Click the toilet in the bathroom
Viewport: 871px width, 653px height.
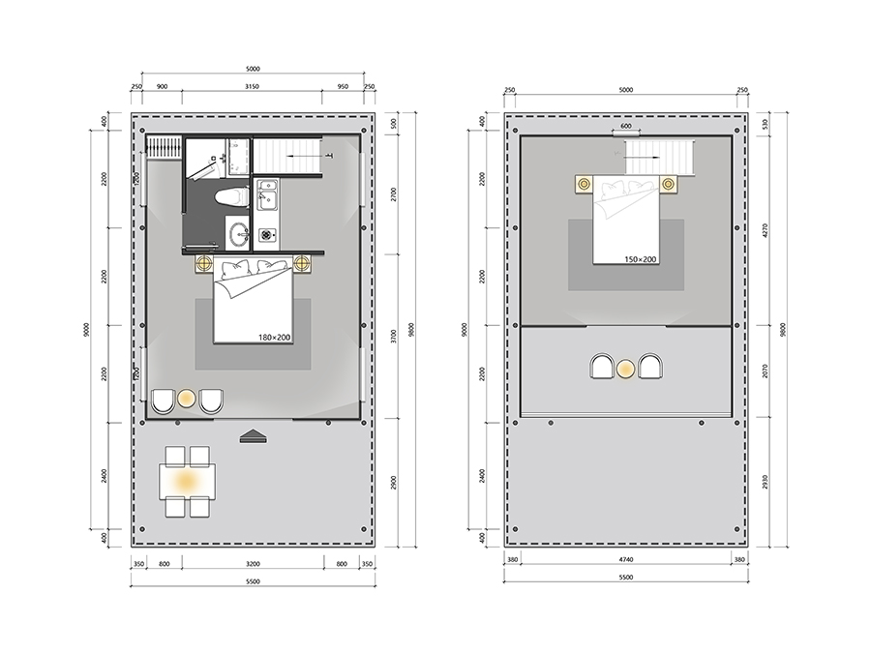(x=231, y=197)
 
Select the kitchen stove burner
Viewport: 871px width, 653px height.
(x=267, y=235)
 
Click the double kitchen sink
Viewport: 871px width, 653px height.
(x=267, y=193)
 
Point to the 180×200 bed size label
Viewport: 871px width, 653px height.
(x=274, y=337)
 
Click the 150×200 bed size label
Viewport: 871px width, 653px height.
(x=640, y=258)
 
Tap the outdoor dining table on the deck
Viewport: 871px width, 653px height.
(x=187, y=481)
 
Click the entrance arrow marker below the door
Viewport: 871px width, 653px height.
(x=254, y=436)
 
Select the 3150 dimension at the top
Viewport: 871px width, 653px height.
(x=253, y=87)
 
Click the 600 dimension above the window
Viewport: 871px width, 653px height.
(x=625, y=126)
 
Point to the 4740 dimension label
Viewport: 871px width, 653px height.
(x=625, y=560)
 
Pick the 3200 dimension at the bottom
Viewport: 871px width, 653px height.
(x=253, y=564)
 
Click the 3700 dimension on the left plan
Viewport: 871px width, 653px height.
(x=393, y=337)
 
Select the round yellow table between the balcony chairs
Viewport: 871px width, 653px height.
(x=626, y=369)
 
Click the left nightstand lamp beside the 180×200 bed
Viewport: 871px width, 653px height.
(x=203, y=262)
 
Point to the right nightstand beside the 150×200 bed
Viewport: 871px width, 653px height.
(x=668, y=184)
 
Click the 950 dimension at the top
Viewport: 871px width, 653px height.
(x=343, y=87)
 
